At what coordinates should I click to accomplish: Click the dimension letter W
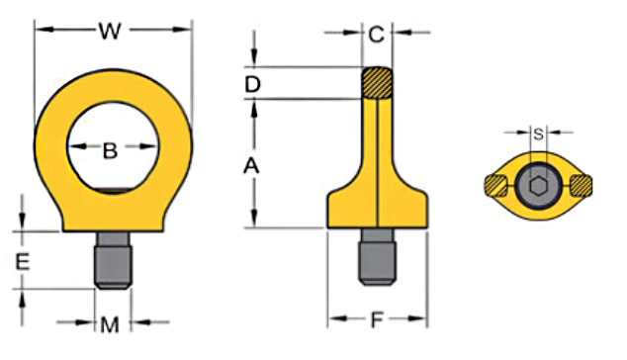click(x=110, y=32)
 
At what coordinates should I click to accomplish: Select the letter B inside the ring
click(x=111, y=151)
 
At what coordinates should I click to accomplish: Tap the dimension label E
click(x=25, y=261)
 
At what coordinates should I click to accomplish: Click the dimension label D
click(x=252, y=85)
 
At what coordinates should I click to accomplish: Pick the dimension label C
click(x=376, y=36)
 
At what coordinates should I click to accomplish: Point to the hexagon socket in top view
click(x=537, y=185)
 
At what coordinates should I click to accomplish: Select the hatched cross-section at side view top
click(x=376, y=81)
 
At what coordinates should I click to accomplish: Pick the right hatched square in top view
click(x=580, y=185)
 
